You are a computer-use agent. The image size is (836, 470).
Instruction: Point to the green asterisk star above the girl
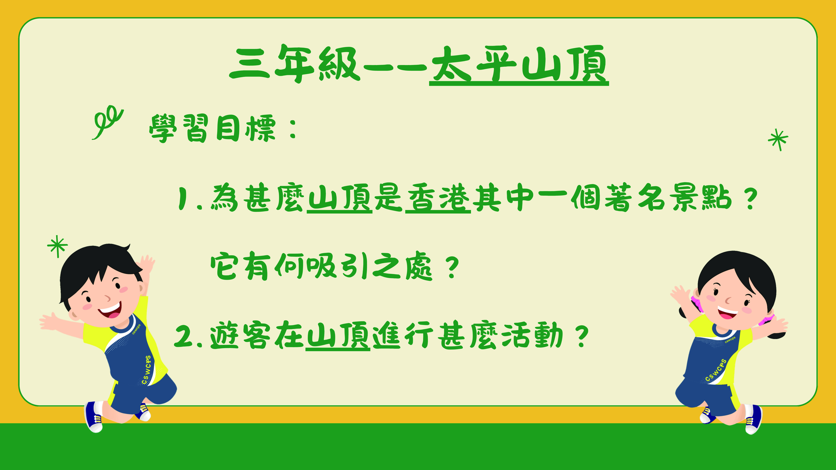tap(778, 140)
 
